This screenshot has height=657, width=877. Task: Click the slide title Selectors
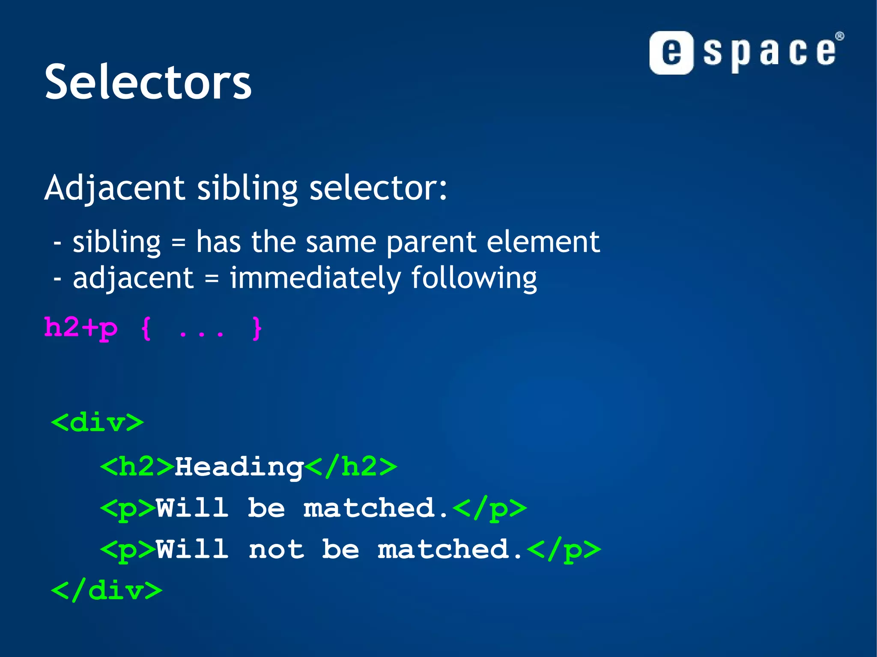pos(148,82)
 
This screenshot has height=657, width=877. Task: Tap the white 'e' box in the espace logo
pos(671,53)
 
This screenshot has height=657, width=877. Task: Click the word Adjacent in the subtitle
pos(114,188)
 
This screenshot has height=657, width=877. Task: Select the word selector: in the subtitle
pos(378,188)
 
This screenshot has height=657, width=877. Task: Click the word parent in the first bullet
pos(431,242)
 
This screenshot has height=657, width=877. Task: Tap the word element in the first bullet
pos(543,242)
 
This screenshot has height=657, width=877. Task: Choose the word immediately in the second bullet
pos(315,278)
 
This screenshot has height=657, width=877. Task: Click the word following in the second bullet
pos(474,278)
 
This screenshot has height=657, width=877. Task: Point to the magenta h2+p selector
pos(81,328)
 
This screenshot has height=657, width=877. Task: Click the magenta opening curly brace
pos(146,329)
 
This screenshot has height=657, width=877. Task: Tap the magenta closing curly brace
pos(257,329)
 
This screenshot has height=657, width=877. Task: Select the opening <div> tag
pos(97,423)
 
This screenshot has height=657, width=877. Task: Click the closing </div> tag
pos(106,591)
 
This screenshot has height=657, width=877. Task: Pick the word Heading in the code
pos(239,467)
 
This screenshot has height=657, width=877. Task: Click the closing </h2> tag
pos(351,467)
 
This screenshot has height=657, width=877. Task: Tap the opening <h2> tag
pos(137,467)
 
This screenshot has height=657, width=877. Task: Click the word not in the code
pos(276,550)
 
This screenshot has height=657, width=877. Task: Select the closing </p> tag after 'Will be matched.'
pos(489,508)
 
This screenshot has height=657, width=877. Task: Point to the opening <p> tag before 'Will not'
pos(128,550)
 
